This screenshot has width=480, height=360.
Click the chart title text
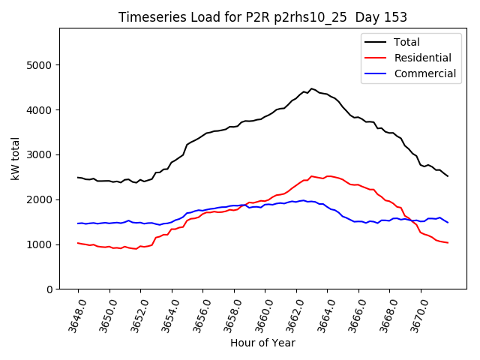tap(262, 17)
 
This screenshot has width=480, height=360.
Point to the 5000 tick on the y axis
tap(40, 65)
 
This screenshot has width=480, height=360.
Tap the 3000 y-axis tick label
tap(40, 155)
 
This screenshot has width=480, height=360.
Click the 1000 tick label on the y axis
tap(40, 244)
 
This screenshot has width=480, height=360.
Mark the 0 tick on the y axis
tap(50, 289)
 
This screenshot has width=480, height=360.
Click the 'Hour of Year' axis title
tap(262, 343)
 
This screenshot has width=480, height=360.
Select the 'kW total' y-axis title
tap(16, 159)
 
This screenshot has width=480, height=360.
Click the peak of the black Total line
tap(312, 88)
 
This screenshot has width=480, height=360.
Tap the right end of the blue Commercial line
tap(448, 223)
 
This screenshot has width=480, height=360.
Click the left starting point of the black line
tap(78, 178)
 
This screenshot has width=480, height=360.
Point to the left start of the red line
tap(78, 243)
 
